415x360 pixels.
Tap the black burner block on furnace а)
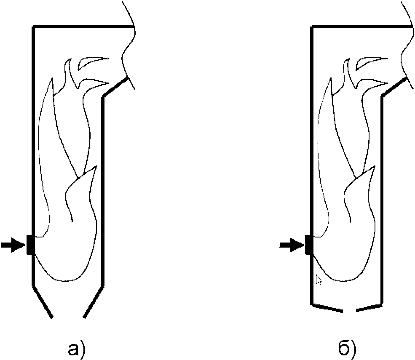(x=30, y=245)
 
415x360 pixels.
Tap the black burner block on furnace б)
(x=309, y=245)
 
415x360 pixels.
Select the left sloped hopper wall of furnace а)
(x=42, y=301)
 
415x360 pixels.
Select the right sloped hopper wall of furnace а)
(x=94, y=301)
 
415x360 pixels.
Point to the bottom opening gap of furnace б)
(x=349, y=310)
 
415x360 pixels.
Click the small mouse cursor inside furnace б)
(x=319, y=279)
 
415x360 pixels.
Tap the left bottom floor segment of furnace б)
(x=327, y=307)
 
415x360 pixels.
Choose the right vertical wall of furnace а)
(x=102, y=189)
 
